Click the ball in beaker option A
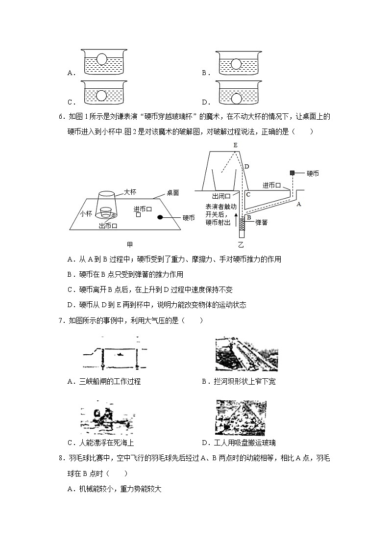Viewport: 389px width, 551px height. (x=102, y=59)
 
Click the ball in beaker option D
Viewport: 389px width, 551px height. (x=237, y=99)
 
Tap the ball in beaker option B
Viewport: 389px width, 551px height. (x=237, y=64)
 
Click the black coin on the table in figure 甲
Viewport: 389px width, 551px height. (x=160, y=217)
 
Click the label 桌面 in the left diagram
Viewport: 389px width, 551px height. (x=172, y=193)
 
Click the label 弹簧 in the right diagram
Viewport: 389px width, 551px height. (x=262, y=222)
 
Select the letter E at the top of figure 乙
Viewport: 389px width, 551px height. (x=236, y=145)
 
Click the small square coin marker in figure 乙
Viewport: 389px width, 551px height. (x=292, y=173)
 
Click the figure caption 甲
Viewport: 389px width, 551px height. (x=130, y=244)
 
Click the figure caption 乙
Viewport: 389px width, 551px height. (x=241, y=244)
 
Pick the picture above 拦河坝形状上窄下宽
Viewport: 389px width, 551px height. (x=246, y=354)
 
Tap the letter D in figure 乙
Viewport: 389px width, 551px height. (x=247, y=167)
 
